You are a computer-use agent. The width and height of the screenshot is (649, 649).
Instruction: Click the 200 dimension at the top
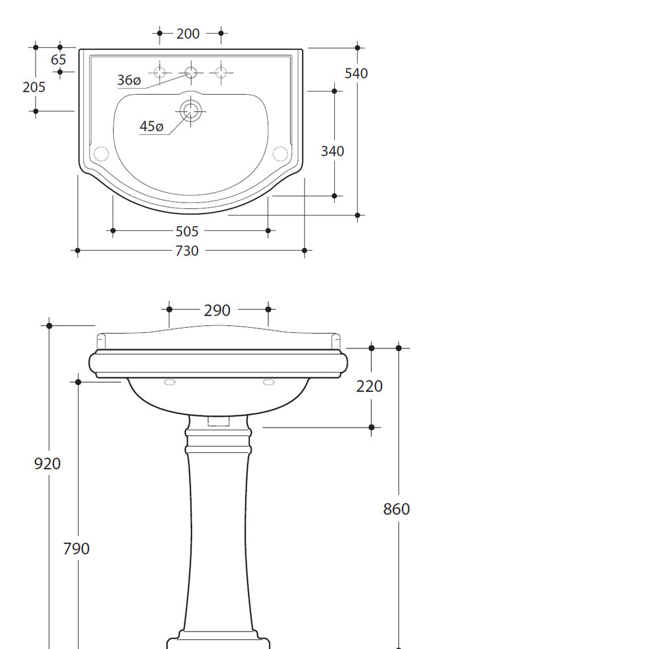point(188,34)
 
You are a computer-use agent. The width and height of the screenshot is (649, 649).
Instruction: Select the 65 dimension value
point(58,60)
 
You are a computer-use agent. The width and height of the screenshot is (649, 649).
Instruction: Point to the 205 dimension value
point(34,87)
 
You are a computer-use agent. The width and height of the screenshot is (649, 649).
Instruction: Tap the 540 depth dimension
point(356,73)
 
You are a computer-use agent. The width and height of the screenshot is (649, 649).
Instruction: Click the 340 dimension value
point(332,151)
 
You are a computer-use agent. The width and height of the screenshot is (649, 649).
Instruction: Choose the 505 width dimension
point(187,232)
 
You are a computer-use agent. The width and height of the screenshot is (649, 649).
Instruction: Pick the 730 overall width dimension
point(187,251)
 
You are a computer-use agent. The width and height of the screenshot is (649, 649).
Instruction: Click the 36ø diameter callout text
point(129,80)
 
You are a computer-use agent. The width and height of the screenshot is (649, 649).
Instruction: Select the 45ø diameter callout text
point(151,127)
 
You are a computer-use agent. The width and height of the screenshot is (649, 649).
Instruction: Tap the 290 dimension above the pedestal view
point(217,310)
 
